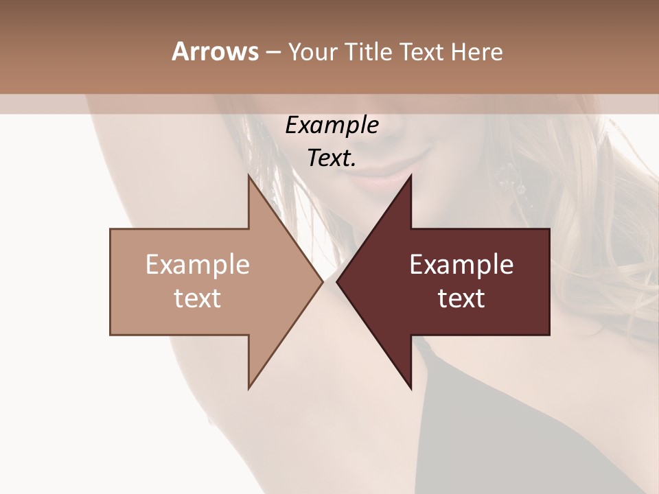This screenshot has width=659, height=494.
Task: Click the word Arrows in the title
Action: pyautogui.click(x=216, y=51)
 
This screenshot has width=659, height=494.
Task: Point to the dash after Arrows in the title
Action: pyautogui.click(x=273, y=52)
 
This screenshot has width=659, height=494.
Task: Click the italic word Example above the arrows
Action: pyautogui.click(x=332, y=126)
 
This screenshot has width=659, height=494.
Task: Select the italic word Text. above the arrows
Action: pyautogui.click(x=332, y=158)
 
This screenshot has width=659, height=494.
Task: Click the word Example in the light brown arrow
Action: pyautogui.click(x=198, y=265)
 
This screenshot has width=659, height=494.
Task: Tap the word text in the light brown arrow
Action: pyautogui.click(x=198, y=298)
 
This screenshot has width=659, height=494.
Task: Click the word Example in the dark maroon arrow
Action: pyautogui.click(x=461, y=265)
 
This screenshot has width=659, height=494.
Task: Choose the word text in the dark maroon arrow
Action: pyautogui.click(x=461, y=298)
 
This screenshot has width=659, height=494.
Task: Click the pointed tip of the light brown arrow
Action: pyautogui.click(x=323, y=282)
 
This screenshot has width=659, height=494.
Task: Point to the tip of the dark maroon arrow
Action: pyautogui.click(x=337, y=282)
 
